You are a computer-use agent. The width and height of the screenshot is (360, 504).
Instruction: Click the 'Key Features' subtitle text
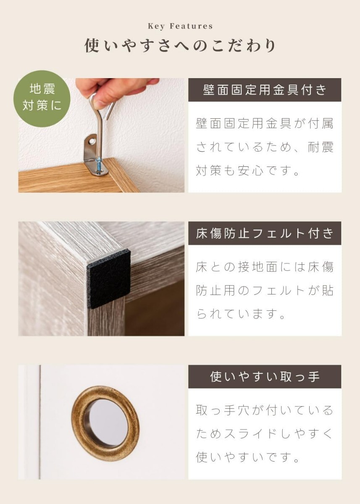180,26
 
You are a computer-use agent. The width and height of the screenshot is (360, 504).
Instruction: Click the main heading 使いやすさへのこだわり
180,46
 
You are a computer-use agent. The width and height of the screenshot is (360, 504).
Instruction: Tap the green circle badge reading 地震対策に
42,99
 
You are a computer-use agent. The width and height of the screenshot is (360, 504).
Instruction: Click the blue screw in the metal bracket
98,165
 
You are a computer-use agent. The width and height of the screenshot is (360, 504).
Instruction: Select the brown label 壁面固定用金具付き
265,90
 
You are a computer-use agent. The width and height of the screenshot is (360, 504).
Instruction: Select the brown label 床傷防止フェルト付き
265,233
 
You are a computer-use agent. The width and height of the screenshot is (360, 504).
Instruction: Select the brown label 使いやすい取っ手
265,377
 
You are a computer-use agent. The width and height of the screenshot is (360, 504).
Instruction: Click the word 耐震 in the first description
321,147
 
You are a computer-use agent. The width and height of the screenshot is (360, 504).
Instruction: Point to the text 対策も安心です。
247,171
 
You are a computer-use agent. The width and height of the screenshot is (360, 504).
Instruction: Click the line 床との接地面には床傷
265,267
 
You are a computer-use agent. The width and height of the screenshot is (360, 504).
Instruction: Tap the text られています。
241,314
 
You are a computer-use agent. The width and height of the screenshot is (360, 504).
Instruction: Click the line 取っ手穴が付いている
265,410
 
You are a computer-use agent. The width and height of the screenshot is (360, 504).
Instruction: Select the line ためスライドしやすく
265,434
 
